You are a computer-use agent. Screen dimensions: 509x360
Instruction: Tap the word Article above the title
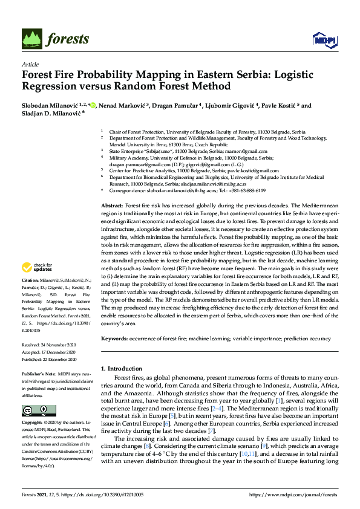point(30,63)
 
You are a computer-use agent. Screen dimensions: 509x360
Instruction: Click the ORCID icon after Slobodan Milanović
point(93,105)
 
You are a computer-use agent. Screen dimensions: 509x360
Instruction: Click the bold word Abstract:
point(113,206)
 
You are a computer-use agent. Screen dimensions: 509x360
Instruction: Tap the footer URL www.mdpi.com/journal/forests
point(301,494)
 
